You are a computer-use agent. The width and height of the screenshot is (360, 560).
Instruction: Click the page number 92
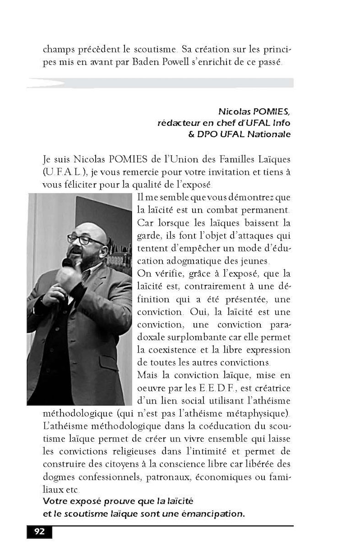(39, 532)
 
